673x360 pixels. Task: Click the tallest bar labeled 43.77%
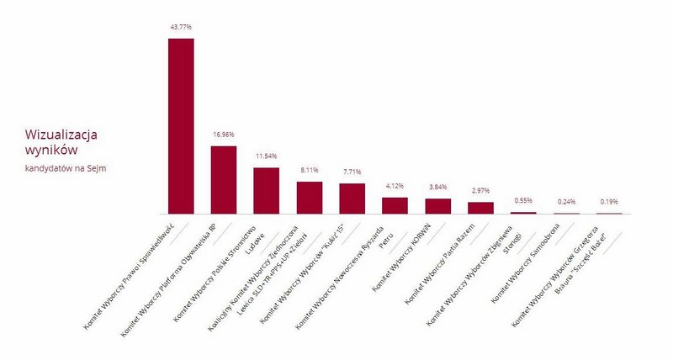181,126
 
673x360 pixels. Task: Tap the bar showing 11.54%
267,191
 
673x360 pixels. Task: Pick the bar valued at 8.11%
310,198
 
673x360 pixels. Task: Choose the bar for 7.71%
352,199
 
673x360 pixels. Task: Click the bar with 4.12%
395,206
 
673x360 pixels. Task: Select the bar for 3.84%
438,206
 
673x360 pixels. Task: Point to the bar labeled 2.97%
480,208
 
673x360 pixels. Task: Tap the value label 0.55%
523,202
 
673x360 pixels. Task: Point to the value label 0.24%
566,203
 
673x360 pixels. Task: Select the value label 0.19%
609,203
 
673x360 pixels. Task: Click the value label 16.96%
224,135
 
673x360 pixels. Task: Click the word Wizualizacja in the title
61,135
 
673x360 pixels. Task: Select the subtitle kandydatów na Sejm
66,168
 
